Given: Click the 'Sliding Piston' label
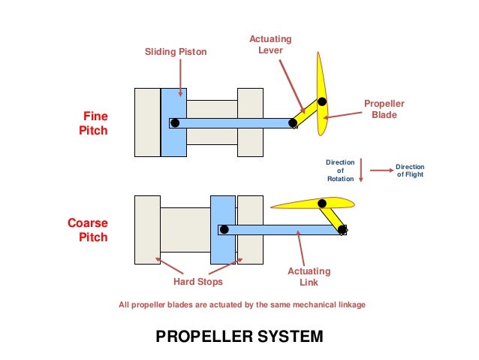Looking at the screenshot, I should tap(175, 52).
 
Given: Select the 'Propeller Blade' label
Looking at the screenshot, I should tap(384, 110).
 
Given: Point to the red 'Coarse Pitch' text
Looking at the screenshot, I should tap(88, 230).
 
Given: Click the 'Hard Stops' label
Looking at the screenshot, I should tap(198, 282).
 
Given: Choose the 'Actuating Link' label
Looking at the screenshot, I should tap(309, 277).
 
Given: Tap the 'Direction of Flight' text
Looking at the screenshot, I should tap(410, 171).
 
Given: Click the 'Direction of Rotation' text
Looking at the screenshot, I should tap(339, 171).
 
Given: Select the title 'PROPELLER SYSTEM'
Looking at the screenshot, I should tap(239, 336).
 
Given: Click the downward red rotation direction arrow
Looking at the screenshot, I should tap(361, 170).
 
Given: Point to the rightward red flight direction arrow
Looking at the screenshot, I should tap(381, 171).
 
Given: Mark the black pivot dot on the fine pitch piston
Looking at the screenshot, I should tap(175, 123).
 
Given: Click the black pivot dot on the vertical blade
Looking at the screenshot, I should tap(322, 101).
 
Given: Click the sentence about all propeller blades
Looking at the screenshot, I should tap(242, 305).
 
